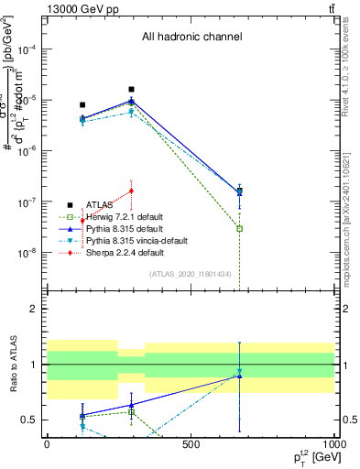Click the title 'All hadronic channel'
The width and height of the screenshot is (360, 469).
click(x=191, y=38)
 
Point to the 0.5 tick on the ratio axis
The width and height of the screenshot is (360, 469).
click(x=30, y=420)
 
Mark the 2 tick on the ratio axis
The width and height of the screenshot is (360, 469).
click(x=34, y=310)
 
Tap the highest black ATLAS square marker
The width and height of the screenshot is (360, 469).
click(x=132, y=90)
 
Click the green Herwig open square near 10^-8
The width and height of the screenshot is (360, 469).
click(x=239, y=228)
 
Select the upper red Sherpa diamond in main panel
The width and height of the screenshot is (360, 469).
click(x=132, y=191)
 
